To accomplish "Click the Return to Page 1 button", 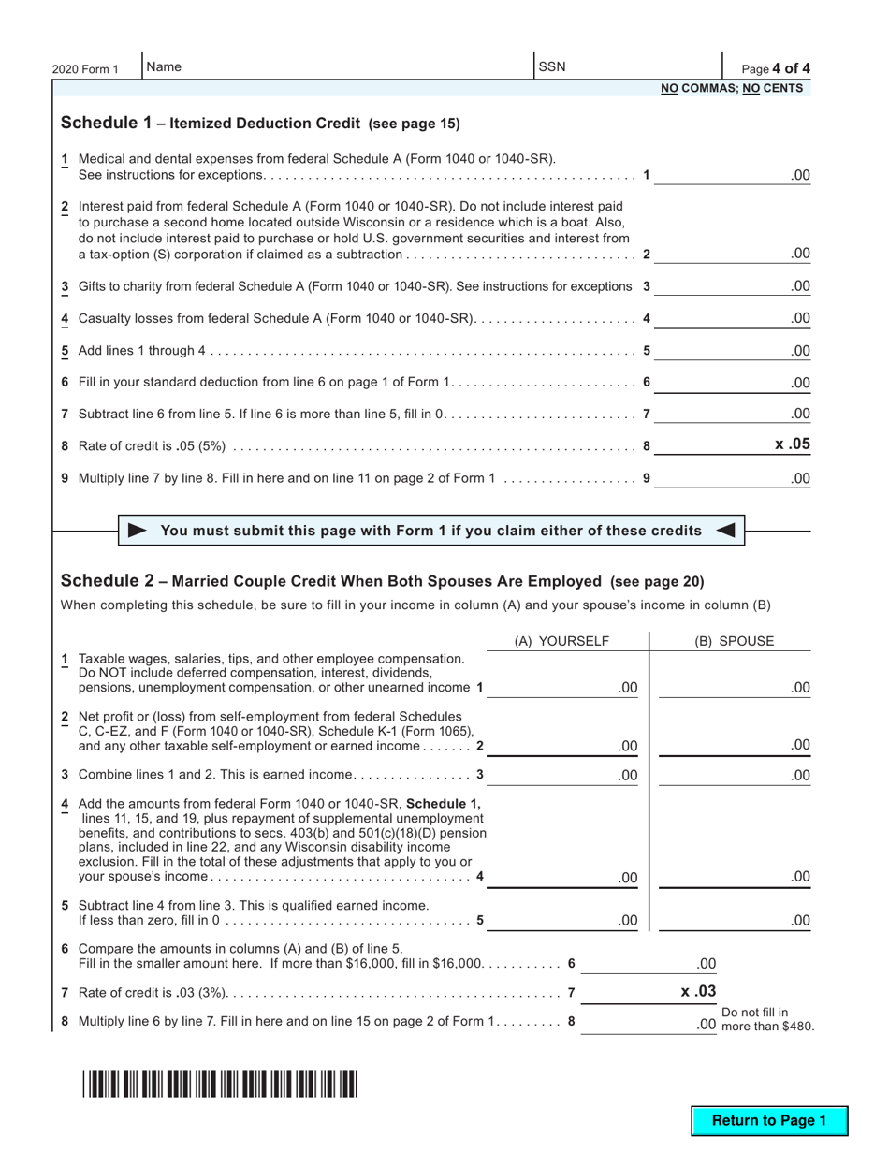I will click(769, 1120).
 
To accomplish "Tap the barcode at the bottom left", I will click(219, 1084).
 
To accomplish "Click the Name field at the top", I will click(337, 67).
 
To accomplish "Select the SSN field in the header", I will click(627, 67).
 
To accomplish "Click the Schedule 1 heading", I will click(260, 124).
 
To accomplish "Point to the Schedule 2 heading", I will click(382, 581).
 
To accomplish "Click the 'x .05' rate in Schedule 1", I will click(792, 444).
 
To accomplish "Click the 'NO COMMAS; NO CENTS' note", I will click(732, 89).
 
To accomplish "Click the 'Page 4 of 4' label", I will click(776, 68).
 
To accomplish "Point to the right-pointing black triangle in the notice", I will click(137, 531).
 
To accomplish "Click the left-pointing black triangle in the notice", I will click(725, 531).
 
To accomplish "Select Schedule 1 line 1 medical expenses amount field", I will click(733, 175).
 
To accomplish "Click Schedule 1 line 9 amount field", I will click(733, 478).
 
